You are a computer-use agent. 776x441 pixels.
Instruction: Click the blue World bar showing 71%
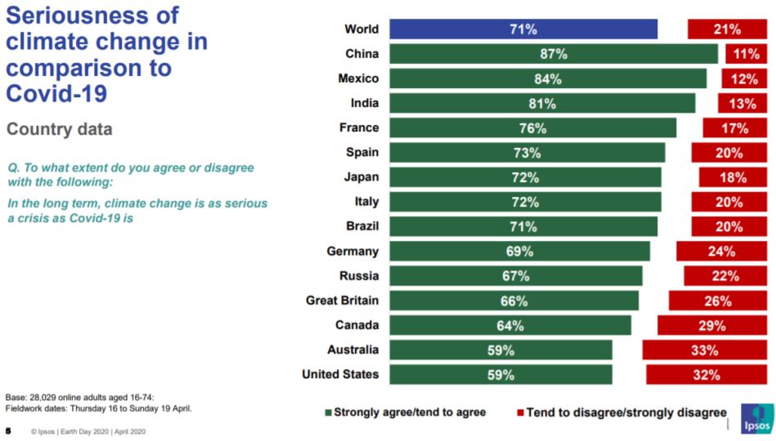coord(523,29)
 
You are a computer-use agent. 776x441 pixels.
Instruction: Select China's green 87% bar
coord(554,54)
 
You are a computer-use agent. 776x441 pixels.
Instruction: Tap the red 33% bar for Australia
coord(705,350)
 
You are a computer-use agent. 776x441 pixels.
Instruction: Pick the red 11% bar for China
coord(747,54)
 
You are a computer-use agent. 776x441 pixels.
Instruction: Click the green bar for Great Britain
coord(514,301)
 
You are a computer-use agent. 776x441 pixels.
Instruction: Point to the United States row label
coord(340,374)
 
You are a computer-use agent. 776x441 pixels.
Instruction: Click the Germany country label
coord(352,252)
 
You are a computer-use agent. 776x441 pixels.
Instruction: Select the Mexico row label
coord(358,78)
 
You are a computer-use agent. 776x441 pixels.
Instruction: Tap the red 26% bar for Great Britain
coord(718,301)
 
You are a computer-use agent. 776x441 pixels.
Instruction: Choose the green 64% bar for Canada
coord(510,325)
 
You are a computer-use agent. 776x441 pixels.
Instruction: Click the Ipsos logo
coord(757,419)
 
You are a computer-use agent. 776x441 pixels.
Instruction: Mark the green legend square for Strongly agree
coord(328,412)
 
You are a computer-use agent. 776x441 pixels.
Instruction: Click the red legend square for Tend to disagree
coord(520,412)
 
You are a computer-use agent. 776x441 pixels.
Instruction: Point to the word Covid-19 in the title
coord(56,93)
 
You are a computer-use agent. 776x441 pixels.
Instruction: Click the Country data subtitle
coord(60,129)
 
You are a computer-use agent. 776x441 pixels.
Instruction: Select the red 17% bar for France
coord(735,128)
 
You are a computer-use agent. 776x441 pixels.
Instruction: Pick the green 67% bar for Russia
coord(516,276)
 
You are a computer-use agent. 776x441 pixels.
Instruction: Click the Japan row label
coord(361,177)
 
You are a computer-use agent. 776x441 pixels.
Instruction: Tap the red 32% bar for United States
coord(706,375)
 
